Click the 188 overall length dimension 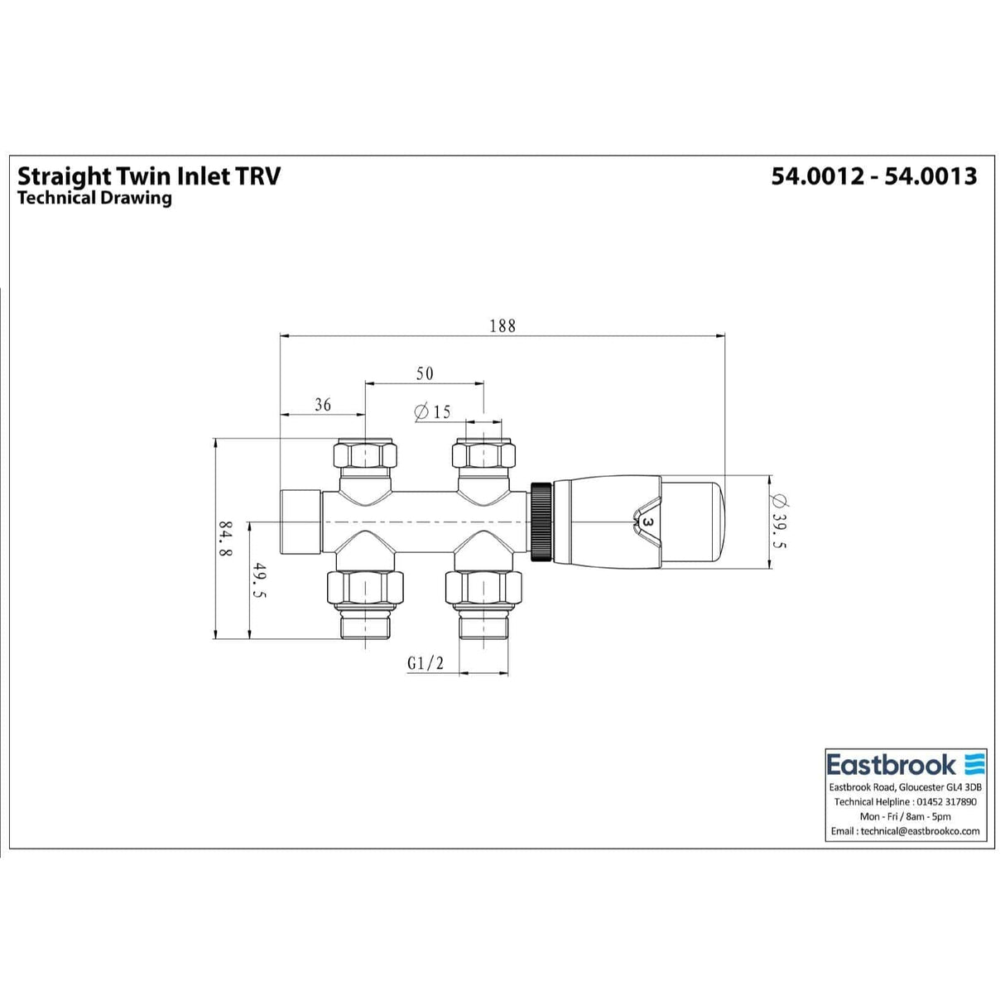[x=502, y=325]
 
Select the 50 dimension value [x=424, y=373]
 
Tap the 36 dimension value [x=323, y=404]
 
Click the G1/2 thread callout [x=426, y=663]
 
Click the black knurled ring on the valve [x=541, y=522]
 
